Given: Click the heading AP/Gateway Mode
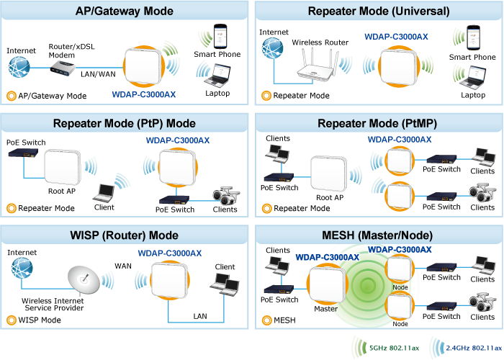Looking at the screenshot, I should [125, 11].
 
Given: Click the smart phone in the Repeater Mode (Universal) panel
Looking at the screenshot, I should [472, 37].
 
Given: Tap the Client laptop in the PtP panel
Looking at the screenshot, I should [104, 191].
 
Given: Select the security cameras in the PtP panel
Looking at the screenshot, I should [225, 196].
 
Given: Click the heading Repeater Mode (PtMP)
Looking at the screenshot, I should [377, 123].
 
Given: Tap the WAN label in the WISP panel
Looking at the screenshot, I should [123, 266].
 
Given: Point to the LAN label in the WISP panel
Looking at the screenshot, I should [200, 315].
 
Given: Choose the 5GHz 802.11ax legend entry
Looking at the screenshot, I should [389, 348].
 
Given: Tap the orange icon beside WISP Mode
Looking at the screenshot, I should [11, 320].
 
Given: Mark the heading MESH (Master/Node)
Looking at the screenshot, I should [377, 235].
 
